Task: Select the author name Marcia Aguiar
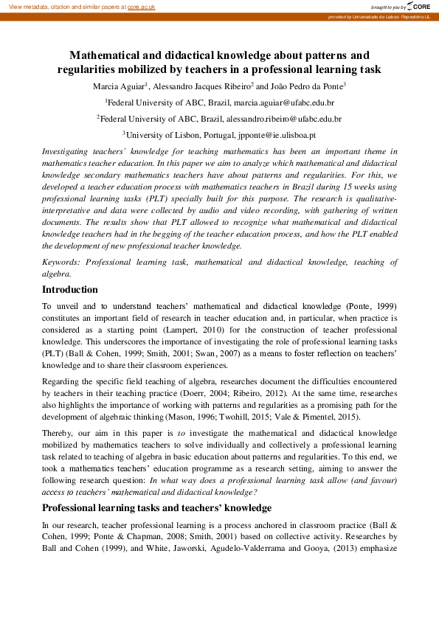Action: point(117,86)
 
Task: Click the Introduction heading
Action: point(69,290)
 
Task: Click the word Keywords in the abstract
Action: point(61,262)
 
